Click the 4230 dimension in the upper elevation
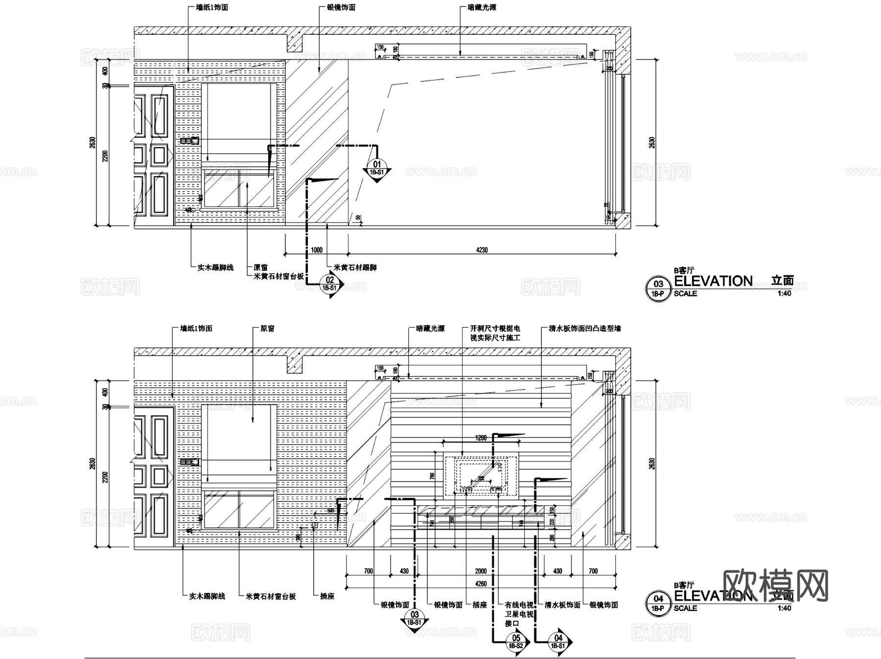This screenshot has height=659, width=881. coord(482,250)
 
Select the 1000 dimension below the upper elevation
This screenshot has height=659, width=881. coord(317,250)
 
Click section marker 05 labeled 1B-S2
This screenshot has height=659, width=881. coord(516,641)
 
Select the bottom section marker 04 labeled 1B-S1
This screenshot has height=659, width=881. coord(558,641)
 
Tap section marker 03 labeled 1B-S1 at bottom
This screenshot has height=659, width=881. coord(415,618)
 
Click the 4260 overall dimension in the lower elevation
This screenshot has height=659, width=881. coord(481,584)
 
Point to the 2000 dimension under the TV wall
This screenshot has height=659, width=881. coord(481,571)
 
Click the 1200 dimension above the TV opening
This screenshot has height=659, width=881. coord(481,438)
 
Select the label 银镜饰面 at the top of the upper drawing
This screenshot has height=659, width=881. coord(341,8)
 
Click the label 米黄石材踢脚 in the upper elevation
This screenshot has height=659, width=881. coord(355,268)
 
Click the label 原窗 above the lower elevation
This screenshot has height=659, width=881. coord(267,329)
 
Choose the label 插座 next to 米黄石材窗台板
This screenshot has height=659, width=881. coord(327,596)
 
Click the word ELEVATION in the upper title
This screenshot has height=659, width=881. coord(713,281)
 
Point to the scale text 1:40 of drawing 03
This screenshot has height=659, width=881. coord(784,294)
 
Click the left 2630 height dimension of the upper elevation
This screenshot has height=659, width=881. coord(93,142)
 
